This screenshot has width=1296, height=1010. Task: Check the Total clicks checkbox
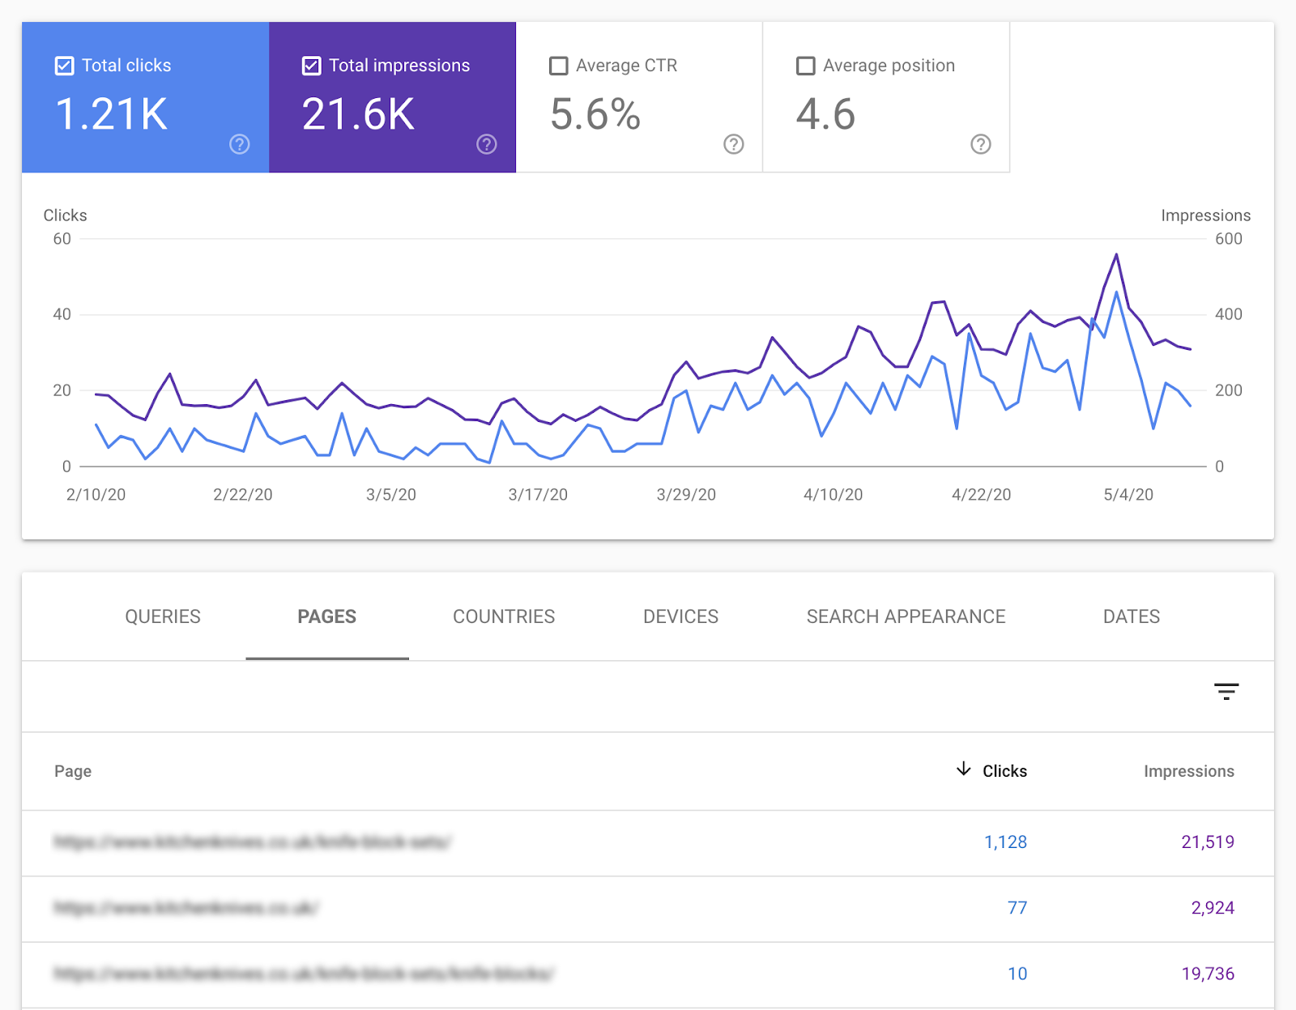(65, 66)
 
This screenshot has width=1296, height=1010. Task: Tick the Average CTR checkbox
(558, 66)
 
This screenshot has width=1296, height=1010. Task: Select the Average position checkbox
(805, 66)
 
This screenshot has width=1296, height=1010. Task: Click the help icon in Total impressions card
(486, 144)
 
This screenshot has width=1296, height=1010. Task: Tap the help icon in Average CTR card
(733, 144)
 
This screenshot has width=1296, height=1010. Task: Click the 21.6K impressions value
(358, 114)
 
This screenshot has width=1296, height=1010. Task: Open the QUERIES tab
(163, 616)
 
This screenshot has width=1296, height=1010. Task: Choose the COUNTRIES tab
(504, 616)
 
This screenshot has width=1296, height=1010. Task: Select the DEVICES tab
(680, 616)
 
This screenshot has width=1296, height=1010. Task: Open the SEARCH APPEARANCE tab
(906, 616)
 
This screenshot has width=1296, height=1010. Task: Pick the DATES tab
(1131, 616)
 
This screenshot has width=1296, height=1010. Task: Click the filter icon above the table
(1226, 692)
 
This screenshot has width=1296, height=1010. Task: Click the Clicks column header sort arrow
(963, 769)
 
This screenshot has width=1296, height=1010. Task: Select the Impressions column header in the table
(1188, 771)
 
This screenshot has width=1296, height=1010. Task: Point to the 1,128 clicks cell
(1005, 842)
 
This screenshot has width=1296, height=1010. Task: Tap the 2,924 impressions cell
(1213, 908)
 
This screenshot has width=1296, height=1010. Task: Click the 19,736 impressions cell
(1208, 974)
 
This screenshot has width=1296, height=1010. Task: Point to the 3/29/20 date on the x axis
(686, 495)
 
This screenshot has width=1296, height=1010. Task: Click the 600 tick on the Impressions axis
(1228, 239)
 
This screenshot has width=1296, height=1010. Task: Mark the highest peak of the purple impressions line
(1116, 254)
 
